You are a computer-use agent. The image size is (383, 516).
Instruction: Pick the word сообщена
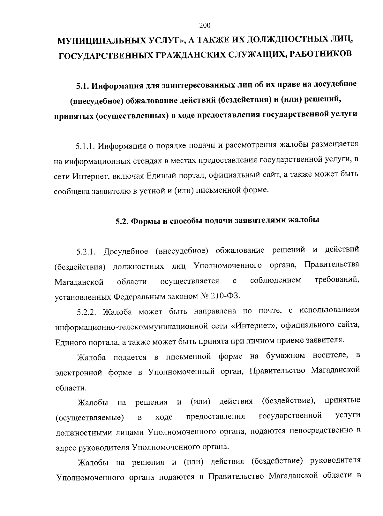72,191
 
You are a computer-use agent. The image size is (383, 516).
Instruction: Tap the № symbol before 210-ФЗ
204,296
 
